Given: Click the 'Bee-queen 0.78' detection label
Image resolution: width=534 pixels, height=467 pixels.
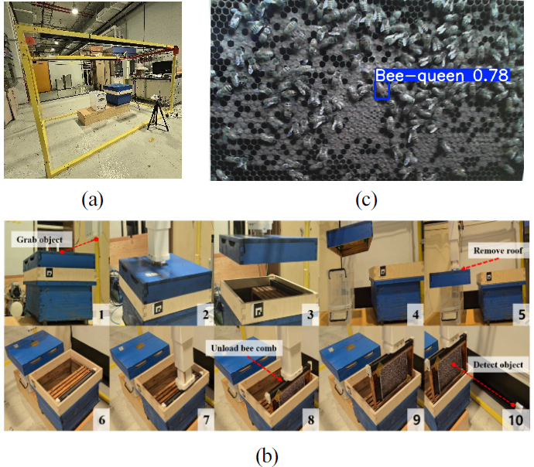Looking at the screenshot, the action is tap(442, 75).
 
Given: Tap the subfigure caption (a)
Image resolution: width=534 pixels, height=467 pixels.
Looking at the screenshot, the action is tap(92, 200).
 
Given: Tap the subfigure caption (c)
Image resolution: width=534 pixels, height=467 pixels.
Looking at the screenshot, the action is tap(366, 200).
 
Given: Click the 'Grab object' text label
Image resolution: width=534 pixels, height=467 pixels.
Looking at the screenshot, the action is tap(39, 240).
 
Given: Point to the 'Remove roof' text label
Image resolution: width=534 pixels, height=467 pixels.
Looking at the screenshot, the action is tap(498, 251).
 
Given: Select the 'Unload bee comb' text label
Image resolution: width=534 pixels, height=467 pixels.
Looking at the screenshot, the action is tap(244, 348).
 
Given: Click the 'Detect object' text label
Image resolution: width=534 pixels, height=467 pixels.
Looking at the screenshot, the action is tap(498, 365).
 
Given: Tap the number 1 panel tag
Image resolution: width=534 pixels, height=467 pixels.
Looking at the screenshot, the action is tap(101, 315).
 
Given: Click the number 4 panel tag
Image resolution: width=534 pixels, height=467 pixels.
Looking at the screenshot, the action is tap(415, 315).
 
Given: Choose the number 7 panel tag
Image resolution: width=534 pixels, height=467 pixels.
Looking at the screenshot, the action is tap(206, 420).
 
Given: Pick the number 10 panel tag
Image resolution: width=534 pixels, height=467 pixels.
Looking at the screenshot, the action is tap(516, 420).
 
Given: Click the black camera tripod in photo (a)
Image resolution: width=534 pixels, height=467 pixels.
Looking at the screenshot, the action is tap(158, 114).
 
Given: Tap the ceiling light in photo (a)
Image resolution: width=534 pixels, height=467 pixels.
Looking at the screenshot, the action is tap(74, 11).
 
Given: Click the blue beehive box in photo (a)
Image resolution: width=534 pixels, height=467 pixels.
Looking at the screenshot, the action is tap(118, 94).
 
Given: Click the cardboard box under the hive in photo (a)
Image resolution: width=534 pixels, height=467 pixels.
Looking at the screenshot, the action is tap(102, 114).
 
